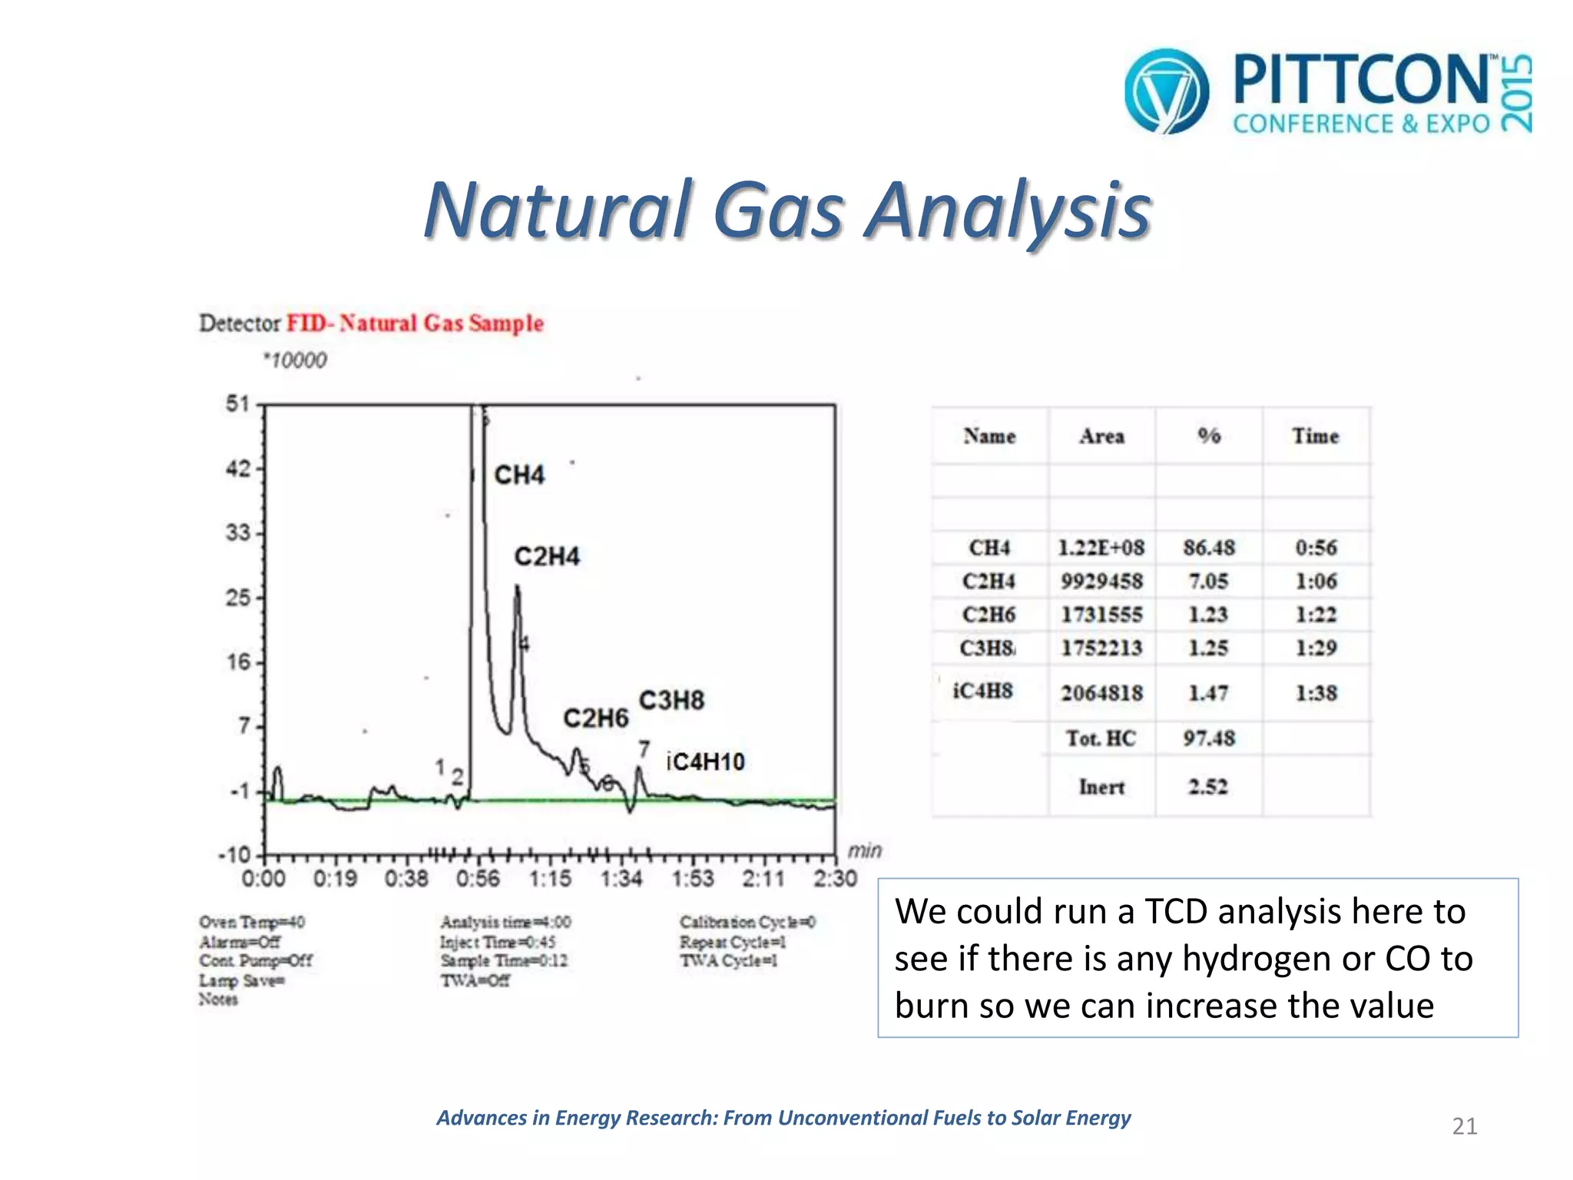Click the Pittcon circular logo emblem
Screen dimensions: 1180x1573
click(x=1166, y=91)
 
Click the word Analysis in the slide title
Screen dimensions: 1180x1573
click(x=1008, y=210)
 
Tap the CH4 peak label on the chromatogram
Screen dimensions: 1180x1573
click(x=519, y=475)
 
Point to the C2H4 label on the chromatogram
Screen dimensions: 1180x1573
click(x=547, y=556)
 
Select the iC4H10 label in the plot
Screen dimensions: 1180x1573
click(x=705, y=762)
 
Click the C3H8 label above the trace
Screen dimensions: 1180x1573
click(x=671, y=701)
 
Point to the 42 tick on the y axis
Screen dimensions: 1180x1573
click(x=238, y=469)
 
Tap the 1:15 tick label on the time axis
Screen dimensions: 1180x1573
click(x=550, y=878)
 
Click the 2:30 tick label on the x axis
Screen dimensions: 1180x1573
click(x=835, y=878)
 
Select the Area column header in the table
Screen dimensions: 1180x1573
click(x=1101, y=436)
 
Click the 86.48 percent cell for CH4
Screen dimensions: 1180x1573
click(x=1209, y=548)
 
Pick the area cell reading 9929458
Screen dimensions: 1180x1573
click(x=1101, y=582)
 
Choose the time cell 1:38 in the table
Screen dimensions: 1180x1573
click(x=1316, y=693)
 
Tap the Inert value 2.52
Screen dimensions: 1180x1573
click(x=1208, y=787)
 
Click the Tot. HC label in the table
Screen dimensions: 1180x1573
click(x=1101, y=738)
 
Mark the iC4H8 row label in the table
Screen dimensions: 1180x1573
click(x=982, y=691)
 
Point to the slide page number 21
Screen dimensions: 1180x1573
click(x=1464, y=1126)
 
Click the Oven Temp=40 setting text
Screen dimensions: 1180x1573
click(x=252, y=922)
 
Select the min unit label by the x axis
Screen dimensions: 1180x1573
click(x=864, y=850)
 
